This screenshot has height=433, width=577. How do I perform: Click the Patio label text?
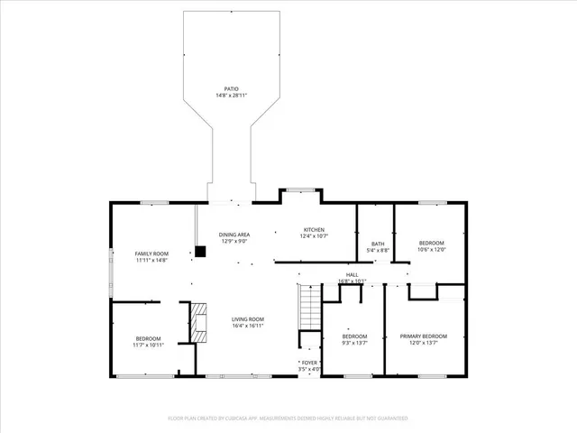(x=232, y=88)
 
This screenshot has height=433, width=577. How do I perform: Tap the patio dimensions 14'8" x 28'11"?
(x=232, y=95)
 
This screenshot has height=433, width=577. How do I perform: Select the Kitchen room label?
(x=313, y=229)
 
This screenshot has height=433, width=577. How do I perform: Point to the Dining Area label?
(x=234, y=235)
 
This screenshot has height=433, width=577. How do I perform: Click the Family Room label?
(x=151, y=253)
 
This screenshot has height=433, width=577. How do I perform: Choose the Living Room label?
(x=247, y=319)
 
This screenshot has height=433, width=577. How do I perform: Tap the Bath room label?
(x=378, y=244)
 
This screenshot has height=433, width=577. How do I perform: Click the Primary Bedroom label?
(x=423, y=336)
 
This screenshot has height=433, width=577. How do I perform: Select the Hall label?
(x=352, y=275)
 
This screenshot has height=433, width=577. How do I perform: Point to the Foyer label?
(x=310, y=363)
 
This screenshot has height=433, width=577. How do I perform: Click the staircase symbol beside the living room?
(x=308, y=308)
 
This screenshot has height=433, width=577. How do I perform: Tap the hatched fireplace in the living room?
(x=197, y=321)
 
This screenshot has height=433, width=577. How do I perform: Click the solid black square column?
(x=199, y=252)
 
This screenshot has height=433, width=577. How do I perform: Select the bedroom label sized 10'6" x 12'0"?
(x=431, y=243)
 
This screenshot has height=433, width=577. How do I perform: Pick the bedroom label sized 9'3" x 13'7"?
(x=353, y=336)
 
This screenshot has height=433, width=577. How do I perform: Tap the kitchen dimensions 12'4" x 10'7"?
(x=313, y=235)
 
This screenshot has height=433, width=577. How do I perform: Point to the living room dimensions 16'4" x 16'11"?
(x=247, y=326)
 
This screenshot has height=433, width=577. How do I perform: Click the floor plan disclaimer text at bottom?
(x=288, y=419)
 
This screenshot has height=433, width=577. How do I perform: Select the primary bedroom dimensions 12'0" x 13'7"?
(x=423, y=343)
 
